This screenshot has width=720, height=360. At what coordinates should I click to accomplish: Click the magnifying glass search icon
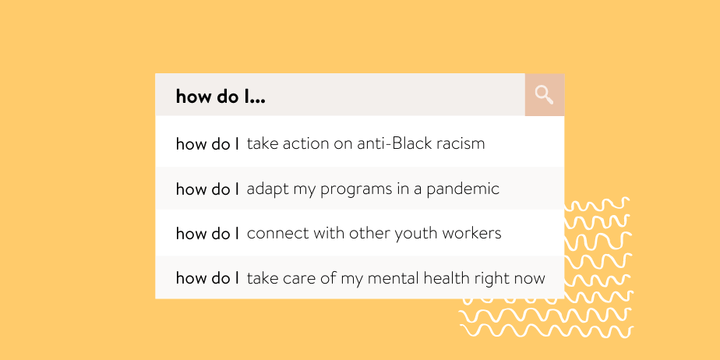point(544,95)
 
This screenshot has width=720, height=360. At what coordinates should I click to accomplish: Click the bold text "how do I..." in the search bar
point(221,97)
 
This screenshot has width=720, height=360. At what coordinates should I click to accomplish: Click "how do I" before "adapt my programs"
point(207,189)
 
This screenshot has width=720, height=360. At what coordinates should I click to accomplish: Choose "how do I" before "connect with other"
point(207,233)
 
